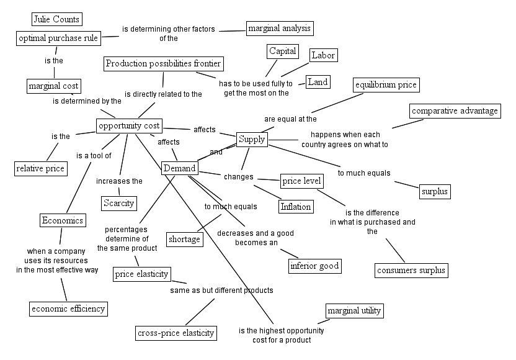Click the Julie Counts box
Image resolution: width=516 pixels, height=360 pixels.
click(x=56, y=19)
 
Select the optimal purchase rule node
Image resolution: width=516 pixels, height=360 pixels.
click(x=58, y=38)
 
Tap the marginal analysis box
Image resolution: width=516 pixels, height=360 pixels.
click(x=280, y=28)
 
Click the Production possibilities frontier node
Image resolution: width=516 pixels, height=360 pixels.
click(x=163, y=63)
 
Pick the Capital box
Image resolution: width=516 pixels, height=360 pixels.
click(x=283, y=51)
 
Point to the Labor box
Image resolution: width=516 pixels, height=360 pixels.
click(x=323, y=55)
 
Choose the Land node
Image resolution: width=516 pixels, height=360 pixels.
click(x=318, y=82)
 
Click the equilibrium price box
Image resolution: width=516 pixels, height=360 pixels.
click(x=386, y=84)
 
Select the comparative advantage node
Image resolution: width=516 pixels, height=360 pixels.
click(x=455, y=111)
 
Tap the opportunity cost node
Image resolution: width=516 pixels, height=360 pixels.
click(x=130, y=126)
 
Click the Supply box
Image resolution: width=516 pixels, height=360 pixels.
click(x=251, y=139)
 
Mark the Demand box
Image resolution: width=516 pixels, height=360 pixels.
click(x=179, y=168)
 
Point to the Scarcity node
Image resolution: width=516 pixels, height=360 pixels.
click(x=118, y=203)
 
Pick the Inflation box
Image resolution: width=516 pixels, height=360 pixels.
click(x=295, y=207)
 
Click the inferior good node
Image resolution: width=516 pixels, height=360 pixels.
click(x=315, y=266)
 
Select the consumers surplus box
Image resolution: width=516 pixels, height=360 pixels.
click(x=411, y=270)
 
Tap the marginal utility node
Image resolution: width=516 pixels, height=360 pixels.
click(x=354, y=310)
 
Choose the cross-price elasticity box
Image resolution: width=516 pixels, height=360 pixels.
click(x=176, y=333)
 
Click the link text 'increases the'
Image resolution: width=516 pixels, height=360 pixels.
click(x=119, y=181)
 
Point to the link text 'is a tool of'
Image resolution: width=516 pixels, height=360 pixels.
click(x=94, y=155)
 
